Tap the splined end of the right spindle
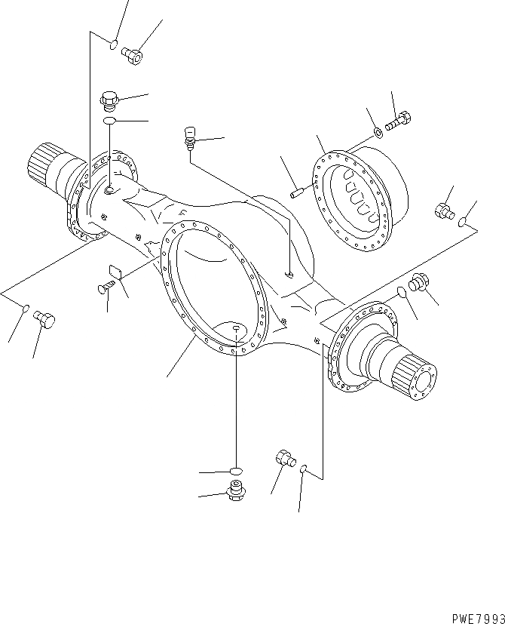click(x=417, y=377)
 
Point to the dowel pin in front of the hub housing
click(x=297, y=192)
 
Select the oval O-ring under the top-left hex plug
click(x=110, y=121)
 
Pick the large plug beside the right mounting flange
click(x=418, y=284)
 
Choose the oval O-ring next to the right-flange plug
click(x=402, y=292)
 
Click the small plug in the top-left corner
click(x=133, y=54)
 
